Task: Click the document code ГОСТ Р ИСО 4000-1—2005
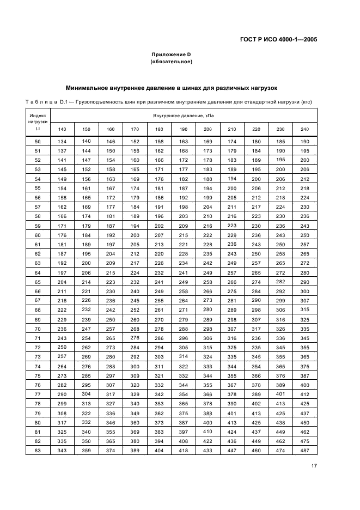[x=279, y=39]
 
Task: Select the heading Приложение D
[x=171, y=54]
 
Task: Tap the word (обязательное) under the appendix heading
[x=171, y=62]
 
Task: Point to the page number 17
[x=314, y=465]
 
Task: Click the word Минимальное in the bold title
[x=88, y=87]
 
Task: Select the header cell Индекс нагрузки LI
[x=38, y=123]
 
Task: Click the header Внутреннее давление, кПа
[x=184, y=116]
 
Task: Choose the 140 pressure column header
[x=62, y=129]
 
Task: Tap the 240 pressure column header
[x=304, y=129]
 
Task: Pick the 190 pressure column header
[x=184, y=129]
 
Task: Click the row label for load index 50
[x=38, y=142]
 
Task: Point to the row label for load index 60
[x=38, y=235]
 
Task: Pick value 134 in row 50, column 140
[x=62, y=142]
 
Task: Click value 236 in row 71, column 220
[x=256, y=337]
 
